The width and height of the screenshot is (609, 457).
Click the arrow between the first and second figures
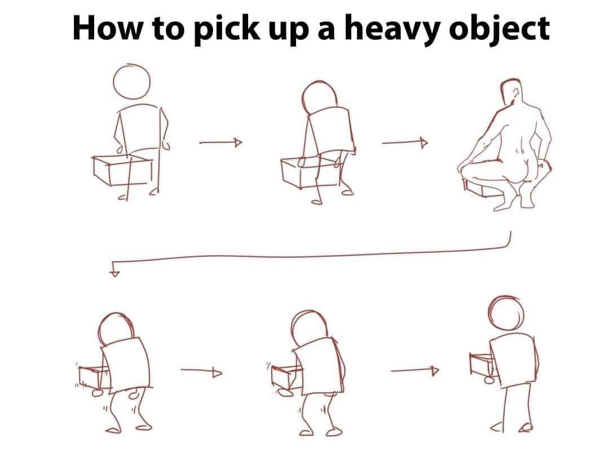point(220,143)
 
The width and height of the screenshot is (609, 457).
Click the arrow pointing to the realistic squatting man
point(404,143)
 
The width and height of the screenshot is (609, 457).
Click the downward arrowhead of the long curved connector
point(116,273)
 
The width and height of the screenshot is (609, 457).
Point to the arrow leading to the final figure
point(414,371)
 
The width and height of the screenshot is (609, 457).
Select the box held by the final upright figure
point(483,365)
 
